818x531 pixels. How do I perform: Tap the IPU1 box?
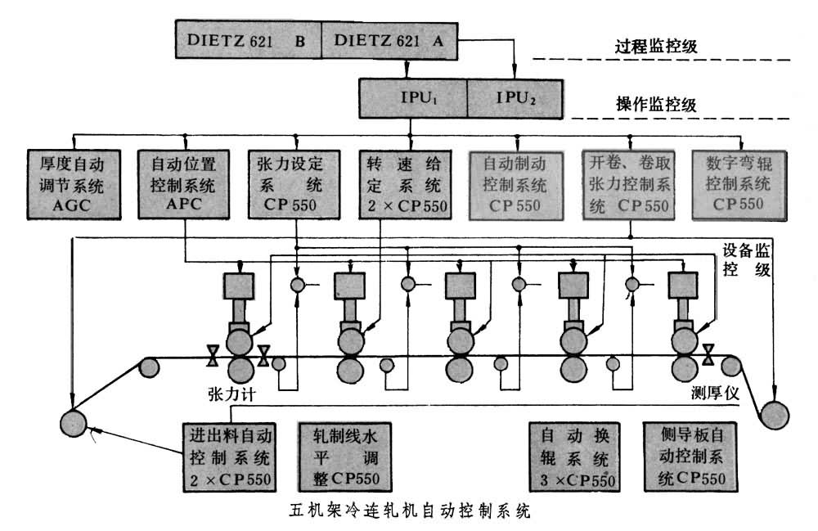coord(413,97)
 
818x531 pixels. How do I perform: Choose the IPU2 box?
coord(514,97)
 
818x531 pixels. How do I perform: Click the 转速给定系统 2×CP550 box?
coord(405,183)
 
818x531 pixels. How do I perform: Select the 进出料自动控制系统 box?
coord(230,456)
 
